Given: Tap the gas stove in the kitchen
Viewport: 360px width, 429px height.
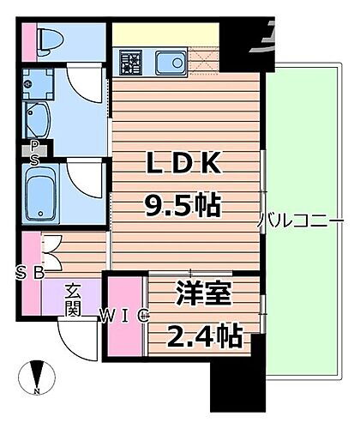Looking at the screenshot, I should pyautogui.click(x=132, y=63).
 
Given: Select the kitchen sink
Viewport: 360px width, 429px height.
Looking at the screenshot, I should pyautogui.click(x=170, y=62).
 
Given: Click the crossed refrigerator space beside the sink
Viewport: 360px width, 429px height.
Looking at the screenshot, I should pyautogui.click(x=205, y=62).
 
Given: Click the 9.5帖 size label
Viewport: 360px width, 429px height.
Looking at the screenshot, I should pyautogui.click(x=183, y=204).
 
